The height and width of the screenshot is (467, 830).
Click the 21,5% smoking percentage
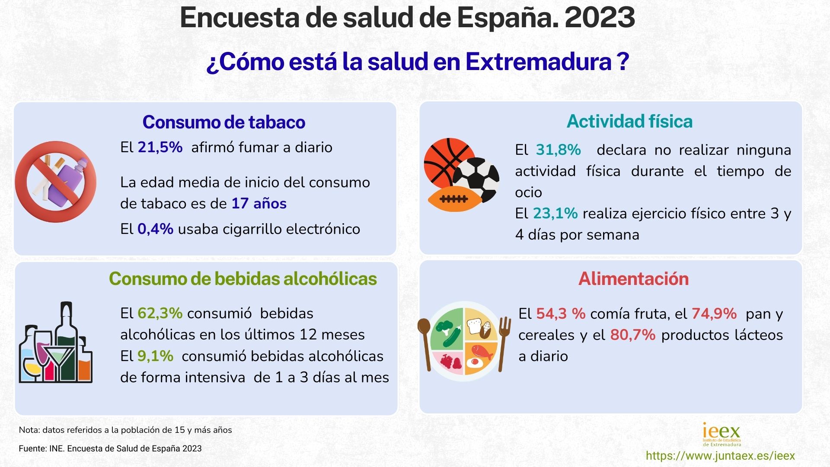click(160, 147)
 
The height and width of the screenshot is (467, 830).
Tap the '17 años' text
click(259, 203)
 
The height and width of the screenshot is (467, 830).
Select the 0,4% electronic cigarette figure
click(155, 229)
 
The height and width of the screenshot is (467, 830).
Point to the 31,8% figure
click(558, 150)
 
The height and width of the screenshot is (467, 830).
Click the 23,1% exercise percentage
click(555, 214)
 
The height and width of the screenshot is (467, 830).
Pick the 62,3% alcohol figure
click(160, 313)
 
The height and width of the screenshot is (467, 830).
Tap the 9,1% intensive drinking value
click(155, 356)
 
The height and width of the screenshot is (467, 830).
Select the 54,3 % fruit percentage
click(561, 313)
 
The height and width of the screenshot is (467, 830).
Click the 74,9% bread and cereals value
click(714, 313)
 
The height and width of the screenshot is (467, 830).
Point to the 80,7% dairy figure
click(633, 335)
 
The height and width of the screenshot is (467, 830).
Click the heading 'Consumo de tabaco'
click(223, 122)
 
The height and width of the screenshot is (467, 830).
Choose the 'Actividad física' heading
click(629, 122)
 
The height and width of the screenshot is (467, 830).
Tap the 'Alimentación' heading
click(633, 279)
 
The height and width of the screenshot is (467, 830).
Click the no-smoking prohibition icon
click(56, 182)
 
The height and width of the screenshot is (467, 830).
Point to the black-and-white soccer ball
click(477, 178)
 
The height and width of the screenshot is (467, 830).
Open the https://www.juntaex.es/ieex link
click(720, 456)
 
